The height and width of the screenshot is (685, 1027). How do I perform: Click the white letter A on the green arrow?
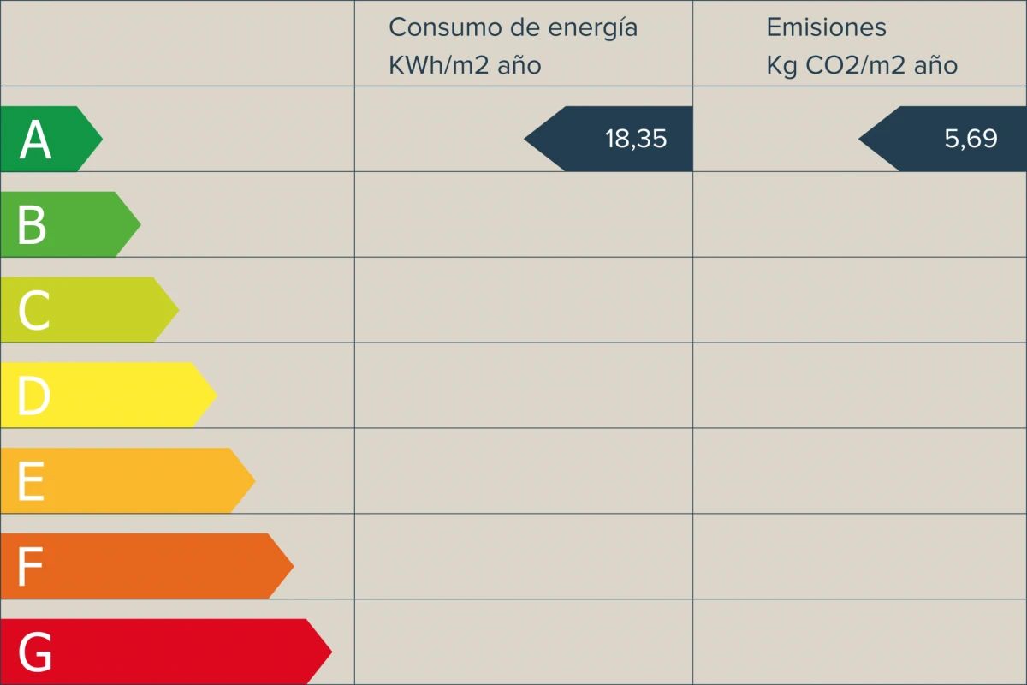tap(35, 140)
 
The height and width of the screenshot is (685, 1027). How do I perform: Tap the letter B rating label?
tap(32, 225)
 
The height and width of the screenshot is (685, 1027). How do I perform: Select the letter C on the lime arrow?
tap(33, 311)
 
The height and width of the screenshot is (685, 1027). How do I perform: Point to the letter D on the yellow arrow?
tap(33, 396)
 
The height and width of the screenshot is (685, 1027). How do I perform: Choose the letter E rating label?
tap(31, 482)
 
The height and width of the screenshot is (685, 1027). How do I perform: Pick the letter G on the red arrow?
tap(35, 653)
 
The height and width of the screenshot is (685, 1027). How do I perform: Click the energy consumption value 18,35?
tap(635, 139)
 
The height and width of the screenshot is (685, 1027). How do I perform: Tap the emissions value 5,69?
tap(971, 139)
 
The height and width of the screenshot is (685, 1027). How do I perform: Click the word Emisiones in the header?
tap(826, 27)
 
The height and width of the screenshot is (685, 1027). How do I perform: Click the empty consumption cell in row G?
tap(523, 642)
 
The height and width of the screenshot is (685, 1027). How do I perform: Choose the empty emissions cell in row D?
tap(859, 385)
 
